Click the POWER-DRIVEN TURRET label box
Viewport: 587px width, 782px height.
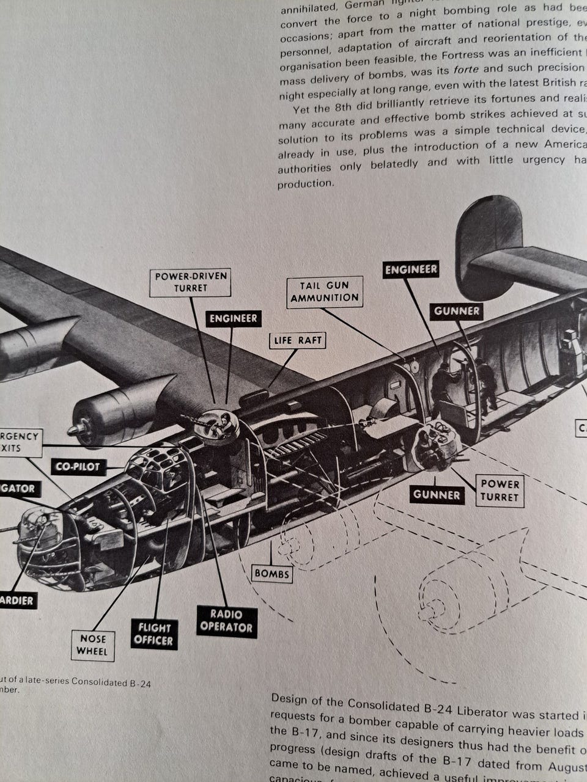tap(190, 282)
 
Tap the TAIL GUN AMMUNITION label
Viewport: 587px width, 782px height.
tap(325, 291)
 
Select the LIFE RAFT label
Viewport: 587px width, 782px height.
tap(297, 340)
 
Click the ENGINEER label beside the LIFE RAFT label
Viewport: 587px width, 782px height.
tap(233, 318)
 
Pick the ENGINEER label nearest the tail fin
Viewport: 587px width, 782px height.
tap(411, 269)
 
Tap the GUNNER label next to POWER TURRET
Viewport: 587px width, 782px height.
tap(436, 494)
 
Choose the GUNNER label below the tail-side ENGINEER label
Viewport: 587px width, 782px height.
tap(457, 311)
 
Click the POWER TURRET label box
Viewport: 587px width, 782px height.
tap(499, 490)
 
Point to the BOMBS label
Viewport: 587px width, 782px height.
tap(271, 574)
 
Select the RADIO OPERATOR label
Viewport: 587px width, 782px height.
tap(226, 621)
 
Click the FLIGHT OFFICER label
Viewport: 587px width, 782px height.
tap(154, 634)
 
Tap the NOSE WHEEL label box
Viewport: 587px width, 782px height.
tap(93, 645)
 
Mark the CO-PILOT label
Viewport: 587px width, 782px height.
tap(78, 467)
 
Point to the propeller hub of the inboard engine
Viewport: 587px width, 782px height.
tap(78, 429)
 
